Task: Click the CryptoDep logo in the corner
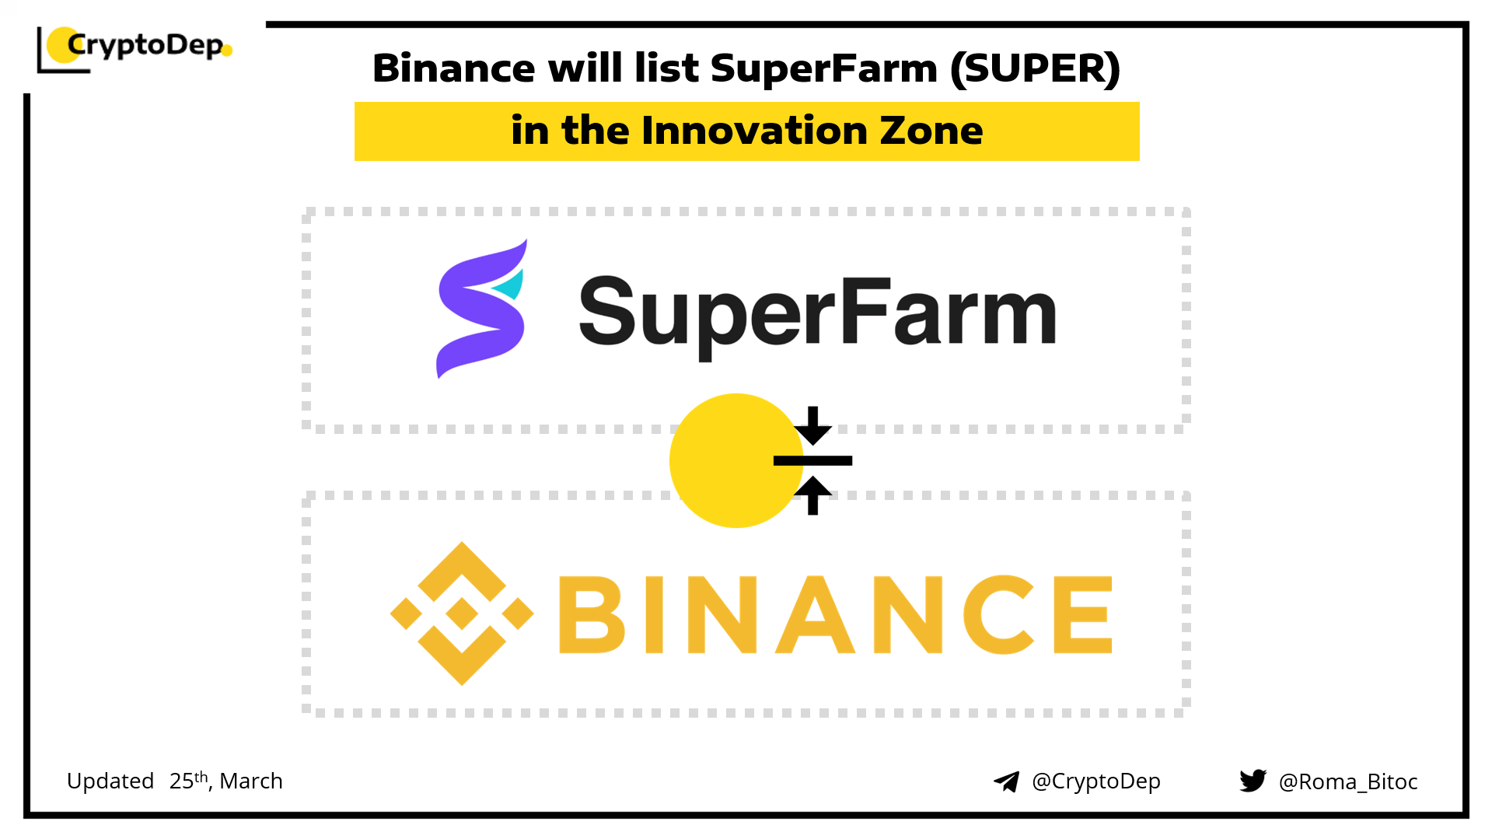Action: click(x=135, y=49)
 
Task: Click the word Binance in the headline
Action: click(x=453, y=68)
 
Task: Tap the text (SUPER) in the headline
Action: click(x=1035, y=68)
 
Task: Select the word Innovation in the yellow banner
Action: click(x=753, y=130)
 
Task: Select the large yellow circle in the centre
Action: click(x=736, y=460)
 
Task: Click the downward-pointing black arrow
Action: click(x=813, y=425)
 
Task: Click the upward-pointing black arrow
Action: click(x=813, y=495)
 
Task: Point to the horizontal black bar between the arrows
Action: click(x=813, y=460)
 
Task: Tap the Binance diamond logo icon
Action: click(x=462, y=614)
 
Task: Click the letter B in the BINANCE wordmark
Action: click(x=592, y=614)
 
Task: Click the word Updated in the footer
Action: click(x=110, y=781)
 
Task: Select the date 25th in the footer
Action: click(x=189, y=780)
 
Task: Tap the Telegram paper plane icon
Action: click(x=1007, y=781)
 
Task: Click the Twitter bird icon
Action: click(x=1253, y=781)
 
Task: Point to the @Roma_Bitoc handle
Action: click(x=1348, y=781)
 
